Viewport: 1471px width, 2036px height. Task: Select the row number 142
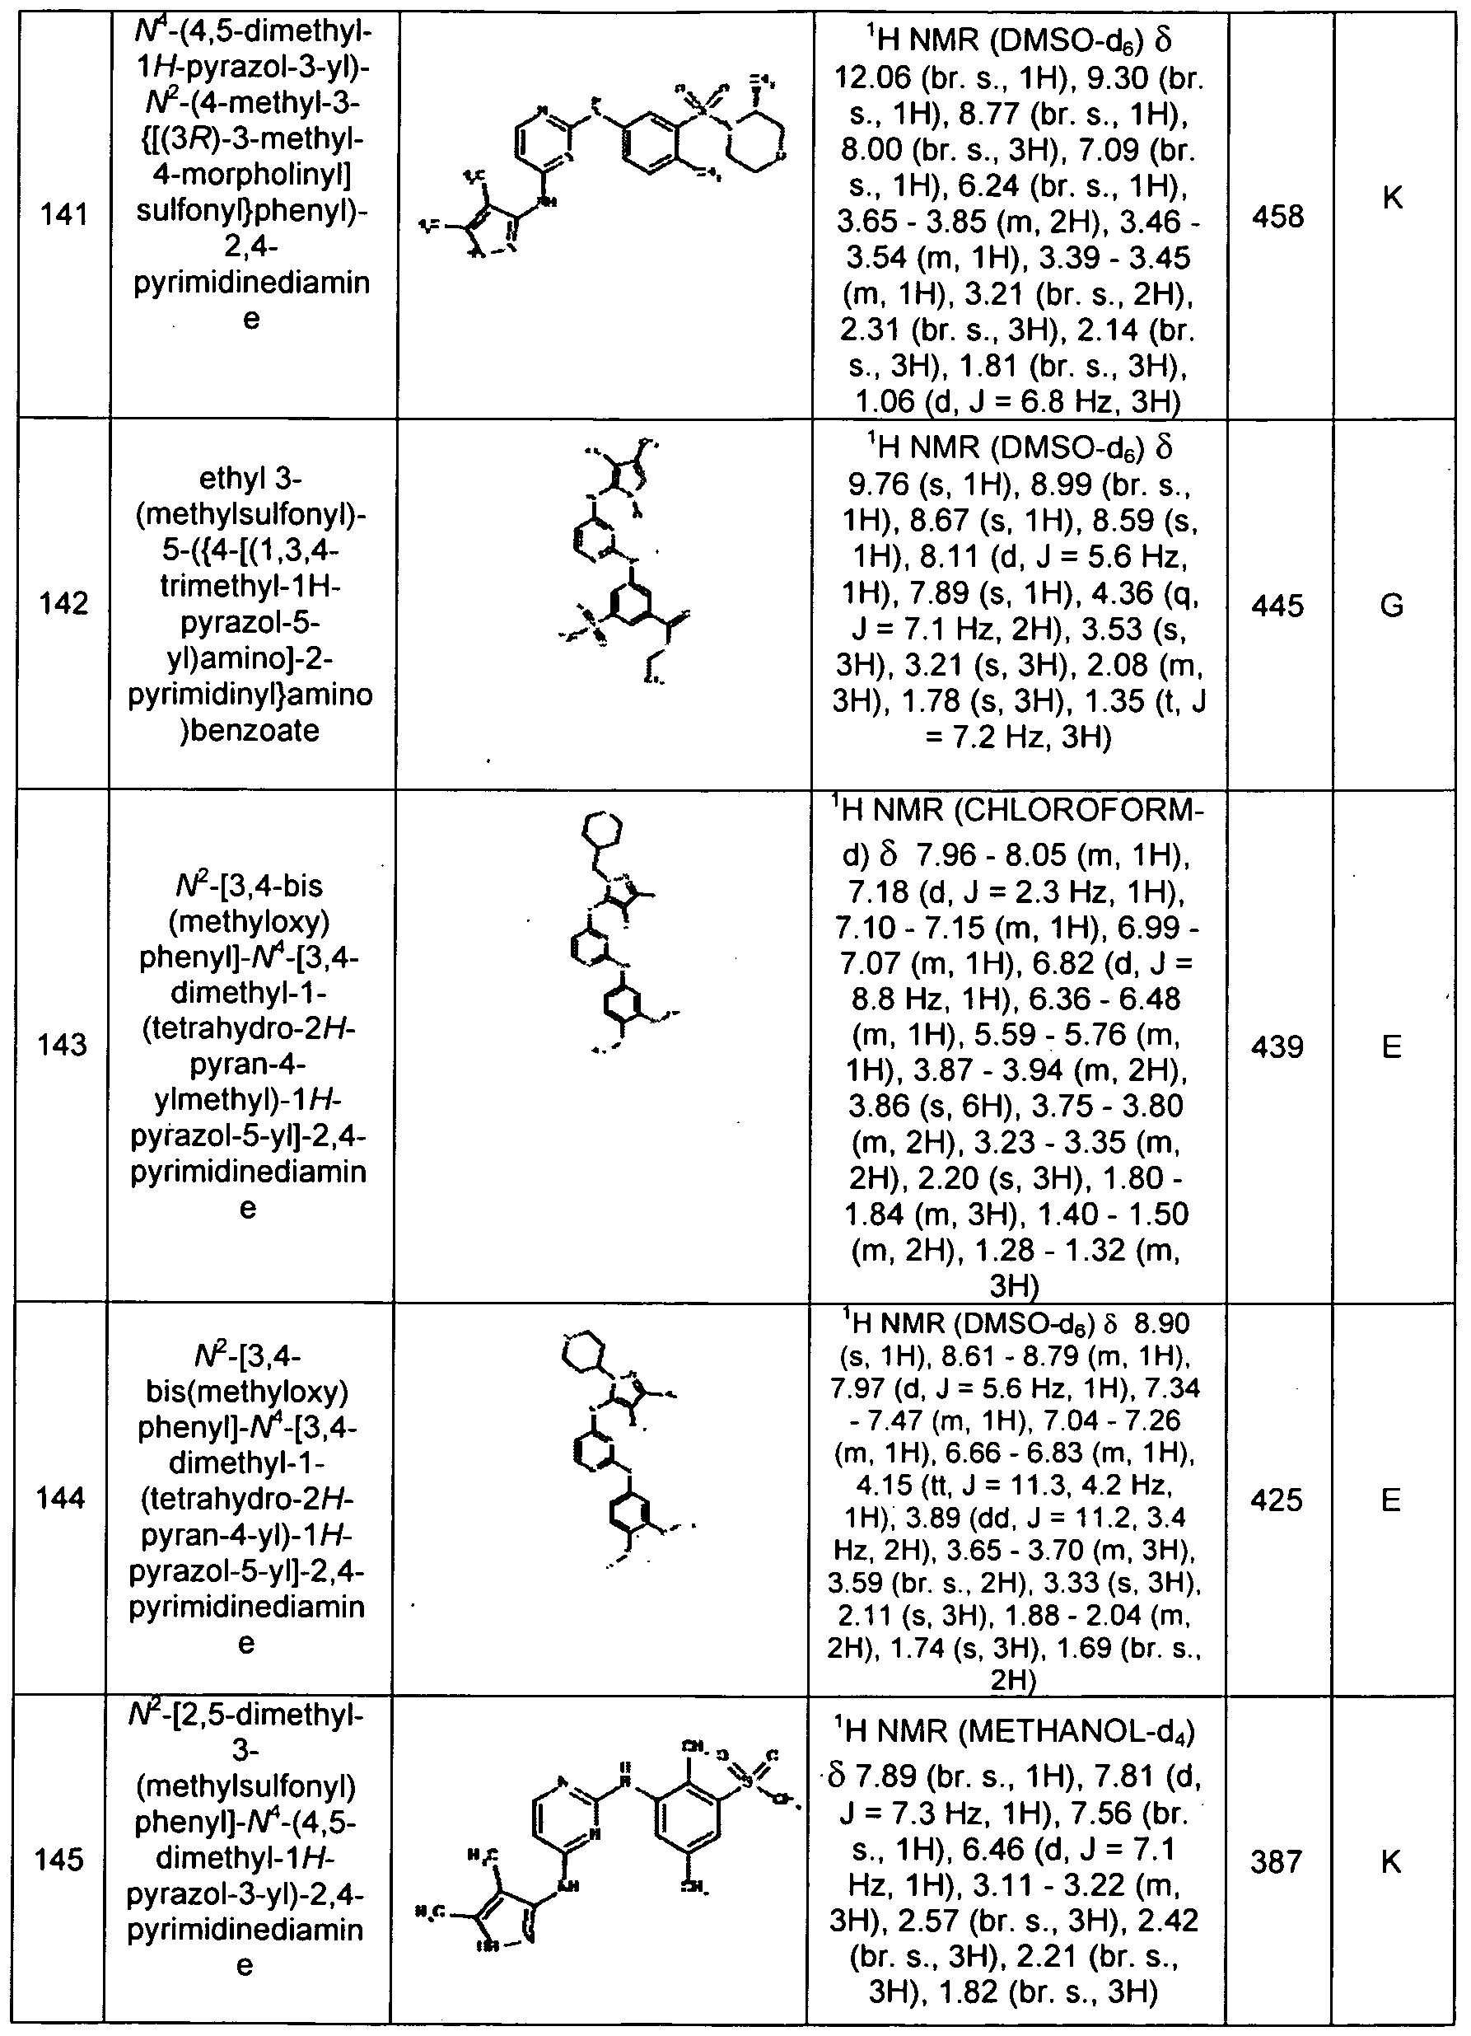click(x=63, y=604)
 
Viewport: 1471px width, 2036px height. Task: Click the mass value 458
click(x=1278, y=218)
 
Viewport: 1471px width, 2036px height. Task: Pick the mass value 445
click(x=1278, y=606)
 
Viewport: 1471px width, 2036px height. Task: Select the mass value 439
click(x=1278, y=1046)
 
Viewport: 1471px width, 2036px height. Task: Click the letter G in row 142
click(x=1391, y=606)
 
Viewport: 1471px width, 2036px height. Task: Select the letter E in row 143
click(x=1391, y=1046)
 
